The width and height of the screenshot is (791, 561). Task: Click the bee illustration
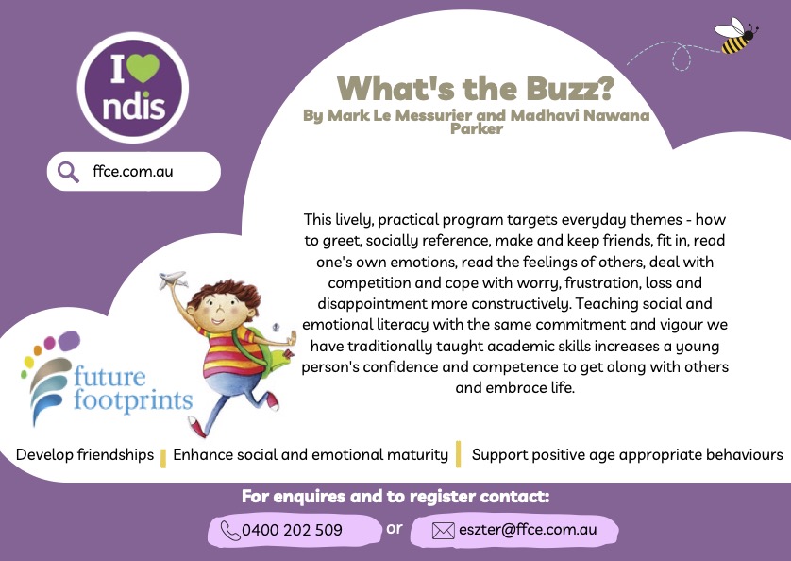tap(736, 36)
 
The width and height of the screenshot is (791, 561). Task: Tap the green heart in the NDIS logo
tap(143, 67)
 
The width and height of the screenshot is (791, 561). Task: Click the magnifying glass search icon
tap(68, 172)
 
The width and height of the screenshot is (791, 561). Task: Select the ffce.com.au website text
tap(133, 171)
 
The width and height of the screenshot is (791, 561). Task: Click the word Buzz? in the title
tap(569, 90)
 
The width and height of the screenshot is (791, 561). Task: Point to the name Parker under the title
tap(477, 128)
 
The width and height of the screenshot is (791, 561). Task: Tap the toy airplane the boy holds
tap(173, 280)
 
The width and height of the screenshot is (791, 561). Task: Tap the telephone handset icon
tap(230, 531)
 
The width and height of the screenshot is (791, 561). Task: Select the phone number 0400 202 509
tap(292, 530)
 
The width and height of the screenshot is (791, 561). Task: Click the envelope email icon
tap(444, 531)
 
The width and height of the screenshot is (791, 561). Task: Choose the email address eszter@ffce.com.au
tap(528, 529)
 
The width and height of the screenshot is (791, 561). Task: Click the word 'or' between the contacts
tap(395, 528)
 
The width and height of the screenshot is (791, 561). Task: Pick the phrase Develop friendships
tap(85, 454)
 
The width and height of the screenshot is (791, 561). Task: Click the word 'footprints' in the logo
tap(133, 400)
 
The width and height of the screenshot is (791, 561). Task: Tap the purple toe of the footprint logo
tap(69, 341)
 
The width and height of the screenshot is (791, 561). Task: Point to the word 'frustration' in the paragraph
tap(603, 282)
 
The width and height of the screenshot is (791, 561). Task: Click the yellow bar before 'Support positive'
tap(458, 454)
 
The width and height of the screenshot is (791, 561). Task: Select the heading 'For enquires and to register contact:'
tap(395, 497)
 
